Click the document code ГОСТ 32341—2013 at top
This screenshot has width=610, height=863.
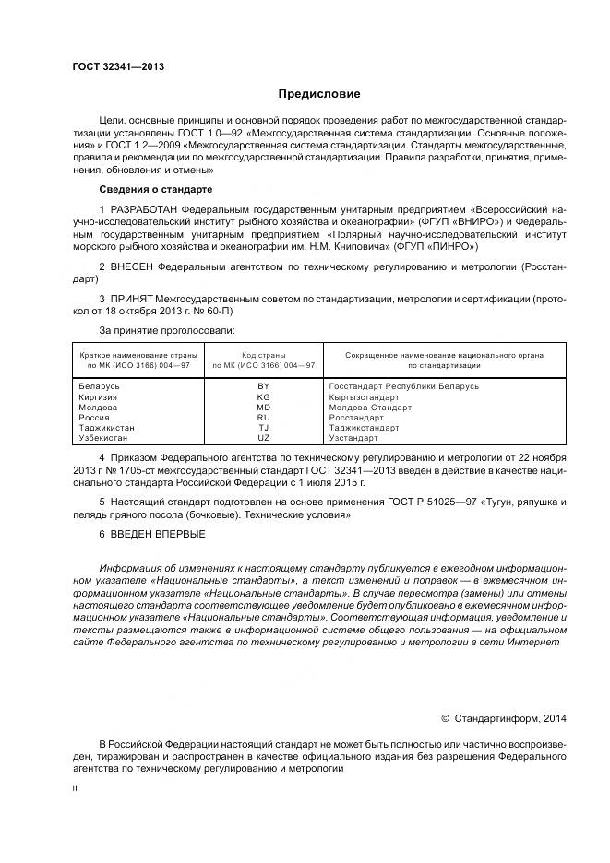(118, 67)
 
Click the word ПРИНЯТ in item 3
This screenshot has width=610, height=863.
(135, 300)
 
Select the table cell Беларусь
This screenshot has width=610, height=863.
(100, 386)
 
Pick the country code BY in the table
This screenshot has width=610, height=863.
(263, 386)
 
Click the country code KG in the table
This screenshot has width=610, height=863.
(263, 396)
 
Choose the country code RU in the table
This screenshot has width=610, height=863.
(263, 418)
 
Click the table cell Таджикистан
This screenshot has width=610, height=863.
(107, 428)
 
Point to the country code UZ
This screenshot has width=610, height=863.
(263, 438)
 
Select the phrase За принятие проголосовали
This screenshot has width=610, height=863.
(166, 329)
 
